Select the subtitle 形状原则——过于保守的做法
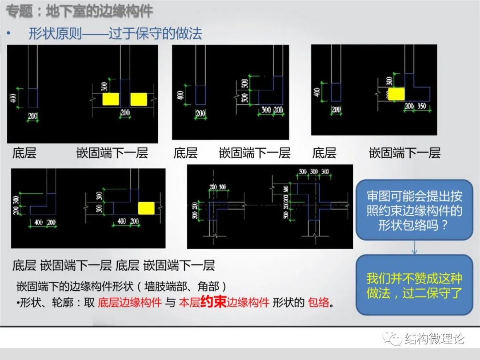(x=115, y=33)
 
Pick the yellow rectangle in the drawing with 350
(x=396, y=94)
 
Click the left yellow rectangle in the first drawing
(x=111, y=99)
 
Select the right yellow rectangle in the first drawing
(x=139, y=99)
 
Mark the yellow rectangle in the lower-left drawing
(x=146, y=208)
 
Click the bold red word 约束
(x=213, y=302)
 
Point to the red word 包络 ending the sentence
(x=319, y=303)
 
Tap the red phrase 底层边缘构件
(x=129, y=303)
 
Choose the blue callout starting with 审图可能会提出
(x=414, y=209)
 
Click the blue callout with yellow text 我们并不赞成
(x=414, y=285)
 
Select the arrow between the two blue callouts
(x=414, y=248)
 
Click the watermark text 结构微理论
(x=434, y=339)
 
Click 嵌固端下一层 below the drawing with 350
(x=404, y=153)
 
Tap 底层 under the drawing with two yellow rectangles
(x=24, y=154)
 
